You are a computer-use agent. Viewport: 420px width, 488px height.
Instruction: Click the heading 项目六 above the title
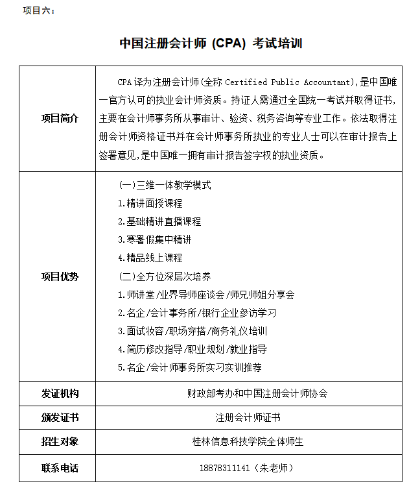(38, 11)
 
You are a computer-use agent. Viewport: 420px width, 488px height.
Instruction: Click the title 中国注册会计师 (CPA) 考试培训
(211, 43)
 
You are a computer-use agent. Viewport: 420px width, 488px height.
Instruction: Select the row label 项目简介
(60, 118)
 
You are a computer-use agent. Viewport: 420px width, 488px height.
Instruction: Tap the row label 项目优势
(60, 276)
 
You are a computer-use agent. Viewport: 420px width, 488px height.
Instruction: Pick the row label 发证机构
(60, 393)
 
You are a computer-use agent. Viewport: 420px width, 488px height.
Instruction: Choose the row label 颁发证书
(60, 417)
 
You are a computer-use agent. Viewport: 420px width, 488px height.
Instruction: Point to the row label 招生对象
(60, 442)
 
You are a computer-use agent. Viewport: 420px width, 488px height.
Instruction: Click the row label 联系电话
(60, 467)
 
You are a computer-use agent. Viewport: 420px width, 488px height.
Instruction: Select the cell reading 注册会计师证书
(248, 417)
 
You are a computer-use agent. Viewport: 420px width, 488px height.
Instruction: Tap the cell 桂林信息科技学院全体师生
(248, 442)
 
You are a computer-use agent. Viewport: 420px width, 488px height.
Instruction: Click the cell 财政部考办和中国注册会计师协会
(248, 393)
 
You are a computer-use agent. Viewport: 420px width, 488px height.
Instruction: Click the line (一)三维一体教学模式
(166, 185)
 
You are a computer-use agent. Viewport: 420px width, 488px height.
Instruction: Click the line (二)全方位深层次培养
(166, 276)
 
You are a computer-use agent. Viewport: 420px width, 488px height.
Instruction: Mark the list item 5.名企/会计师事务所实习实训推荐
(190, 367)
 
